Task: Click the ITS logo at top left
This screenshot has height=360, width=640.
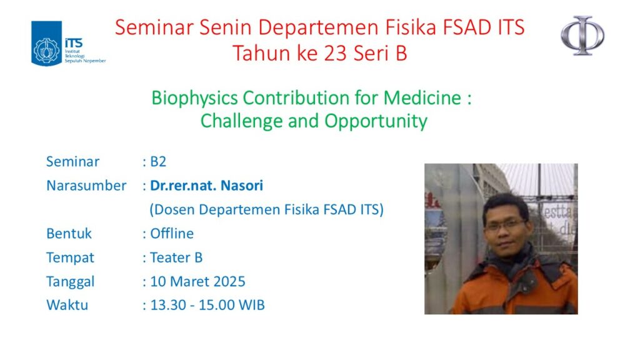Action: (67, 44)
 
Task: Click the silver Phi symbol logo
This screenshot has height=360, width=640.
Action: (582, 36)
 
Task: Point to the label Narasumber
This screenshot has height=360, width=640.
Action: (86, 186)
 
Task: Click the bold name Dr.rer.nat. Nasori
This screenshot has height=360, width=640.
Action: (207, 186)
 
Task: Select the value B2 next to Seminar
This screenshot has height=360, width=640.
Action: (158, 162)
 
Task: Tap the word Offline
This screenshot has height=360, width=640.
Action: (172, 234)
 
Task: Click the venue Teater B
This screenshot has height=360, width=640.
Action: (176, 257)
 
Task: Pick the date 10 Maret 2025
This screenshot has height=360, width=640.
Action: (197, 281)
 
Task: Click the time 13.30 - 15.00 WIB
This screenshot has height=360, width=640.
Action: (207, 306)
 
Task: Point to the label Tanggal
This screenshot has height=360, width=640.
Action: (70, 281)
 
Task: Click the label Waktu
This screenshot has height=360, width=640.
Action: (67, 306)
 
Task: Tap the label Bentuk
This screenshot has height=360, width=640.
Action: (69, 234)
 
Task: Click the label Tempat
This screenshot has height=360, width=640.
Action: (70, 257)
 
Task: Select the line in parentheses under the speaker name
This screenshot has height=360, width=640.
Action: (266, 210)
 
